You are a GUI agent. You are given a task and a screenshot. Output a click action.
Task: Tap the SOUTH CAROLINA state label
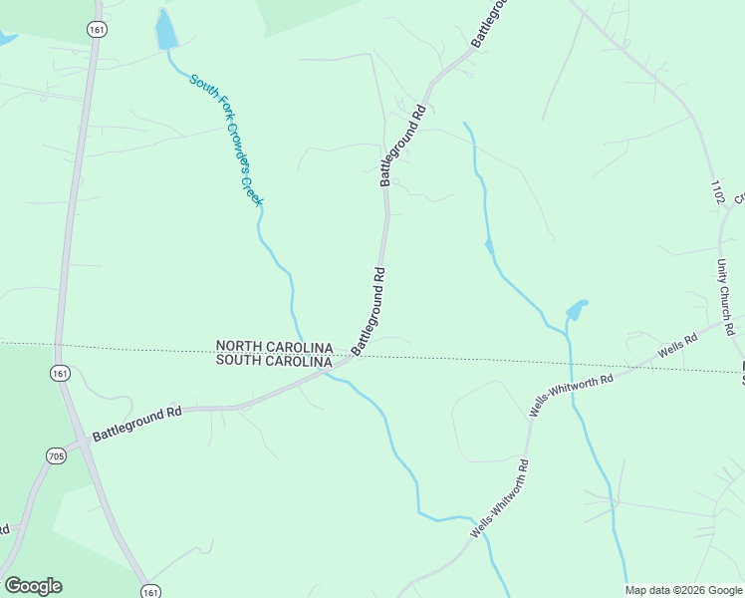coord(275,361)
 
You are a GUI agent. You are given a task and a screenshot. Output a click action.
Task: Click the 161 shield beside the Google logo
coord(150,591)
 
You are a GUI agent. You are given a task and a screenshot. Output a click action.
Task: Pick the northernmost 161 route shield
coord(96,30)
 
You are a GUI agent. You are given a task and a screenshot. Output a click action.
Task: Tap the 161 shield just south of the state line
coord(61,373)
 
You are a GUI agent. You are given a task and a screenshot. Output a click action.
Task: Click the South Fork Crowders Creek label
coord(227,141)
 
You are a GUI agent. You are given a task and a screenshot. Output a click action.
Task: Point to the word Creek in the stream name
coord(253,187)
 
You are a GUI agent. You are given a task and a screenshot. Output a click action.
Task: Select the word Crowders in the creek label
coord(233,147)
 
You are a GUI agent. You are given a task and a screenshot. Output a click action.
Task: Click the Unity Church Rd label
coord(725,297)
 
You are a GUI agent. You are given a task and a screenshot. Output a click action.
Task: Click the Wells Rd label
coord(677,347)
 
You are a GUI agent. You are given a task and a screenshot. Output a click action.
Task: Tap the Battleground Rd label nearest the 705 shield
coord(137,423)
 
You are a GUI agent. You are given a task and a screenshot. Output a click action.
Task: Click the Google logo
coord(33,586)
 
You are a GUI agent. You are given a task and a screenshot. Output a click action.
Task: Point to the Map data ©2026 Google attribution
coord(683,590)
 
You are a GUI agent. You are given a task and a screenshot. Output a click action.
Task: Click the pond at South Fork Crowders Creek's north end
coord(165,32)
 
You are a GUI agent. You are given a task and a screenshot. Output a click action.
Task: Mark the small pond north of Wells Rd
coord(576,311)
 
